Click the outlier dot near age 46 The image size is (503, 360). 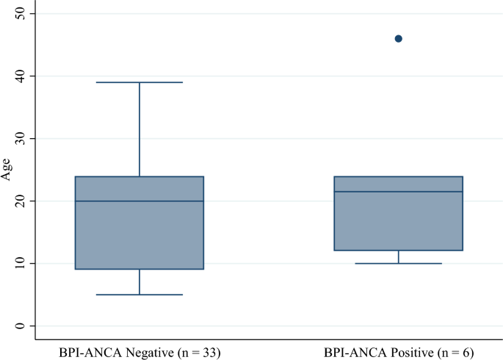(x=399, y=38)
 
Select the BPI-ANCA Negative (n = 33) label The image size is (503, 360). (x=140, y=353)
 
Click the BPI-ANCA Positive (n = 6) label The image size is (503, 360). (x=399, y=353)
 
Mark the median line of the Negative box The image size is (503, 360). (x=140, y=201)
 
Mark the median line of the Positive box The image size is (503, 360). (x=399, y=191)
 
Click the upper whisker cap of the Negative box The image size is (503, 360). (x=140, y=82)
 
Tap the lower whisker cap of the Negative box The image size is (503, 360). (x=140, y=295)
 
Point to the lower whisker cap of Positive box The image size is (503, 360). (x=399, y=263)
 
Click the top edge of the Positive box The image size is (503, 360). (x=399, y=176)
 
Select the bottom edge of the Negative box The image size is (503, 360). (x=140, y=269)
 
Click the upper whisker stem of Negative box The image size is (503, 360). (x=140, y=129)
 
